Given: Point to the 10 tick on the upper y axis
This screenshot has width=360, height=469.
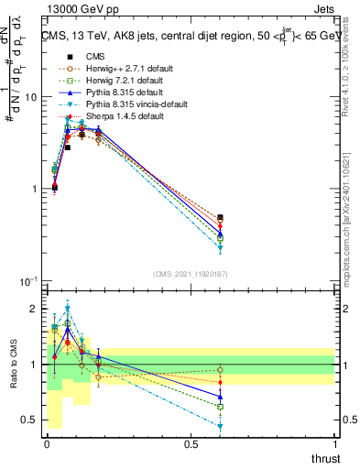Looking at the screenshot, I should pos(32,97).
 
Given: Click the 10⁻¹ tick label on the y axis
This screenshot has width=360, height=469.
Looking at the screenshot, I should pos(29,281).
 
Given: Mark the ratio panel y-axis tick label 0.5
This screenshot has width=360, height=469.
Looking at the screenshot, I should pos(30,420).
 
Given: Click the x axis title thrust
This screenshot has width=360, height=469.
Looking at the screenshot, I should pos(326,458).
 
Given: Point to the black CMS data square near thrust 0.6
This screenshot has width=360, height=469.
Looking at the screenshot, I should pos(220,218).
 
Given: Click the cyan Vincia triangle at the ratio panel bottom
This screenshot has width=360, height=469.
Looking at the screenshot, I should pos(220,427).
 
